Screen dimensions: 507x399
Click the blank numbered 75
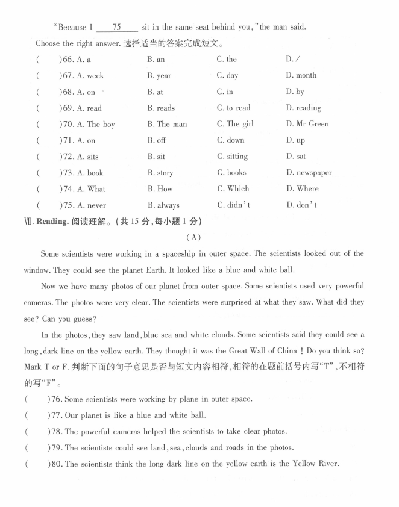point(116,27)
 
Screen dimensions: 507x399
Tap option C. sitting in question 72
point(232,157)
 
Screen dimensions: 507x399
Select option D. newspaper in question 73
point(309,173)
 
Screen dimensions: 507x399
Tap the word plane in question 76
point(174,399)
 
